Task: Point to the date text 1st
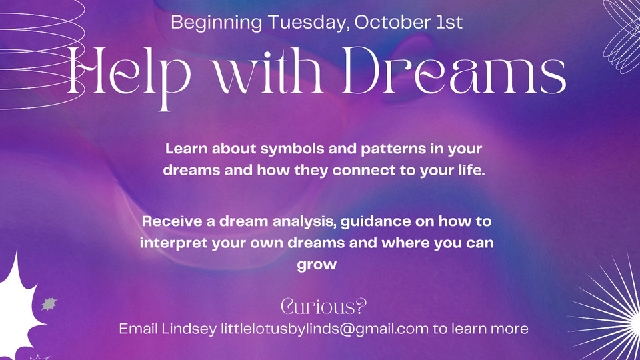449,21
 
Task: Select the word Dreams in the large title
454,70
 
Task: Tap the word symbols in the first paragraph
292,149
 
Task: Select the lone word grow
317,265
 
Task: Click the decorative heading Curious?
324,306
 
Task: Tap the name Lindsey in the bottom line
189,329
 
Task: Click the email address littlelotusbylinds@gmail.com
325,329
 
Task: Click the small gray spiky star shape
49,304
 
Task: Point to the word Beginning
217,23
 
